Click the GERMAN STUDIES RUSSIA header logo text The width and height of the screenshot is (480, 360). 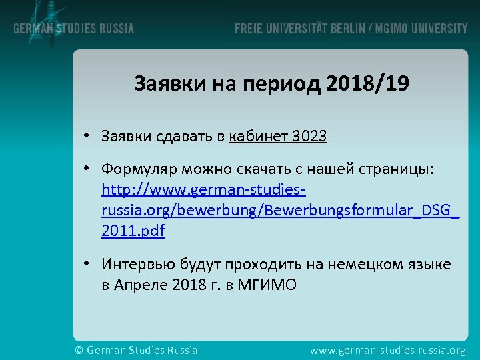click(x=73, y=29)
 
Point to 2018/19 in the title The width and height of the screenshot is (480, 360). click(x=369, y=85)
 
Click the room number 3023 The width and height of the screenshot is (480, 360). click(x=309, y=137)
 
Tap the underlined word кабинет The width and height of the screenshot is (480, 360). click(x=259, y=137)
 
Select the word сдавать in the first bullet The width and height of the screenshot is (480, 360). click(x=181, y=137)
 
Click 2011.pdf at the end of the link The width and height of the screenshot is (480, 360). click(x=133, y=231)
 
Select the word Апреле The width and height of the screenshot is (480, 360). click(x=141, y=285)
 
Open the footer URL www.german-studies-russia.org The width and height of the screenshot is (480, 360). click(x=389, y=349)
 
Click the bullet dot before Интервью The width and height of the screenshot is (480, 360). click(x=87, y=265)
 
